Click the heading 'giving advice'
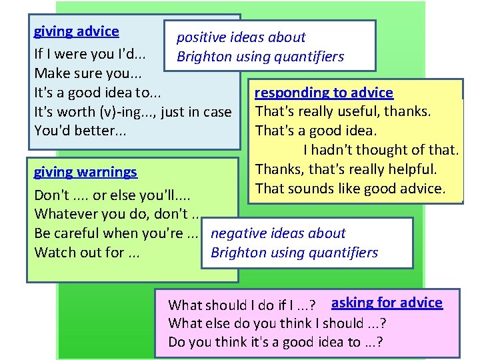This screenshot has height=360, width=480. click(76, 31)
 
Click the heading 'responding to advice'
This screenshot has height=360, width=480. click(324, 93)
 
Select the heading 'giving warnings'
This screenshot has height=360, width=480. click(85, 172)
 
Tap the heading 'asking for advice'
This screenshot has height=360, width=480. click(387, 303)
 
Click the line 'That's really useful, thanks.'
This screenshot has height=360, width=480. click(343, 111)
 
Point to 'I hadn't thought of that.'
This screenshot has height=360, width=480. click(381, 150)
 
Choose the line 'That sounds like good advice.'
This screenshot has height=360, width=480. click(350, 189)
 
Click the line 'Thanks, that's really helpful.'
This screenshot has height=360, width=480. click(346, 169)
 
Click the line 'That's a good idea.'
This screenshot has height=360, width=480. click(316, 131)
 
